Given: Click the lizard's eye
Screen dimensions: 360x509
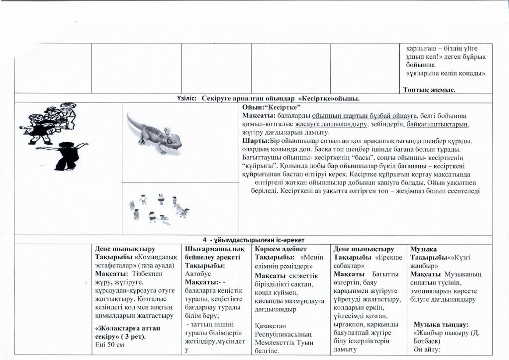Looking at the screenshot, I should [169, 141].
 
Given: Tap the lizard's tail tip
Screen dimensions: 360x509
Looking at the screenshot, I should [128, 114].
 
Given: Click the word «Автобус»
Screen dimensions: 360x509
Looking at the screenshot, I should [198, 274].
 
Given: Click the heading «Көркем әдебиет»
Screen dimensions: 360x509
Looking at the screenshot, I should [280, 249].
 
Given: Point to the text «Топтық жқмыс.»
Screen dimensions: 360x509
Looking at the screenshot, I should [429, 90].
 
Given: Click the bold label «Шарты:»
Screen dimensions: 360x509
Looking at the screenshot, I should [256, 141].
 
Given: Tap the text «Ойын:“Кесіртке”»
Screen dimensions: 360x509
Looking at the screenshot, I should [271, 107].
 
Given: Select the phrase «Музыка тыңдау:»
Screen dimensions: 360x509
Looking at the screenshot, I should [441, 325].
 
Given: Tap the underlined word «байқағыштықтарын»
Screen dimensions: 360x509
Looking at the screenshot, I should [437, 124].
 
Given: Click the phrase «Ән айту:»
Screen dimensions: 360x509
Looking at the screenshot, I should [427, 349].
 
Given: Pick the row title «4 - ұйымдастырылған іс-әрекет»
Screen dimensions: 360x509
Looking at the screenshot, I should [253, 240].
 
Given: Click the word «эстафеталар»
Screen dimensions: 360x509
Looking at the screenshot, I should [115, 265].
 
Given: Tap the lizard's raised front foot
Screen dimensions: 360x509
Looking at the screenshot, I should [167, 130].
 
